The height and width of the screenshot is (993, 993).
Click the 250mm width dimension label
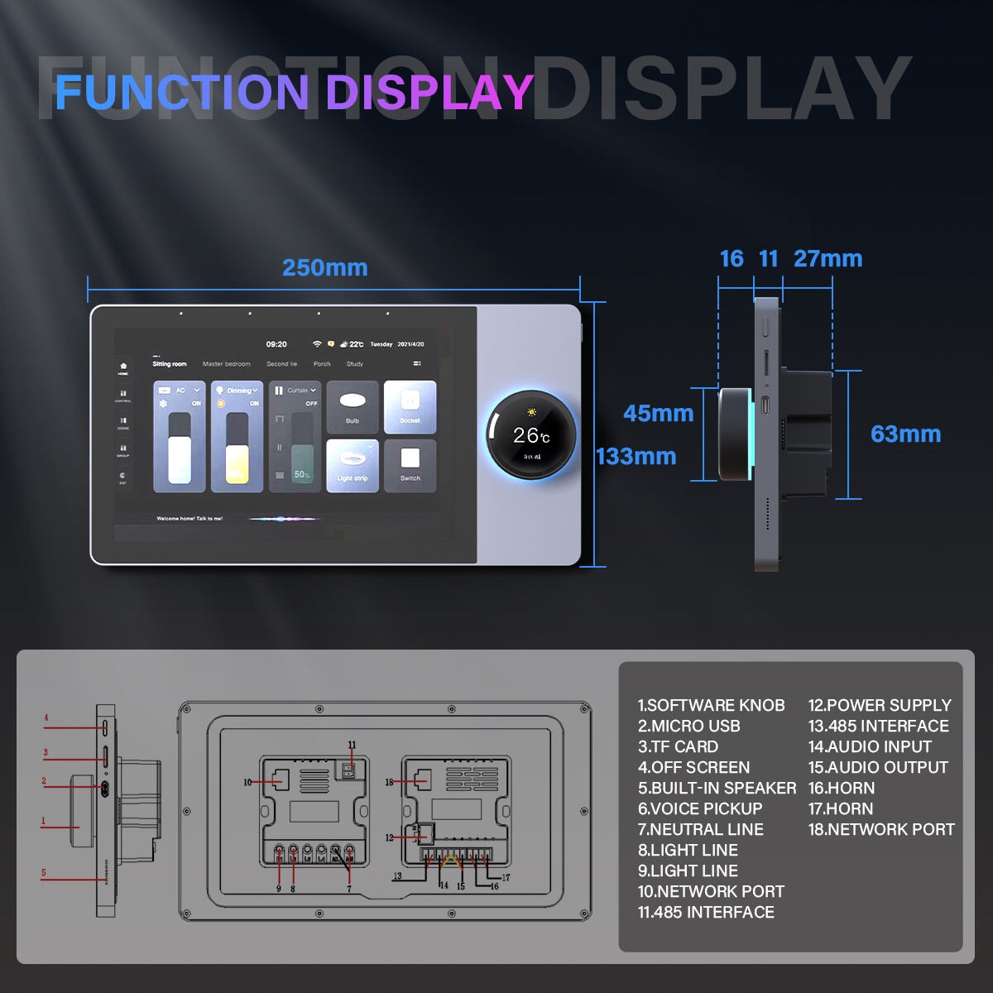[324, 268]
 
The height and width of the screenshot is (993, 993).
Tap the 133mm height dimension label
[636, 457]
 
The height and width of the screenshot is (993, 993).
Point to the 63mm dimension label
[905, 434]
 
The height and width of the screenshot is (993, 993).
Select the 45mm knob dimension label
[658, 413]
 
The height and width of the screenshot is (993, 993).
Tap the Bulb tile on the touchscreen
[353, 407]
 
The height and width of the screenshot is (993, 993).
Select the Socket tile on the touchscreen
[410, 407]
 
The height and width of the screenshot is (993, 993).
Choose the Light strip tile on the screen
[353, 465]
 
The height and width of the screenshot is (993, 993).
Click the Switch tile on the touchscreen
[410, 465]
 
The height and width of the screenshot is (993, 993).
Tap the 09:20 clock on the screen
[276, 344]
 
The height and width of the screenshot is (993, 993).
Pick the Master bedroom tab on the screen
[226, 364]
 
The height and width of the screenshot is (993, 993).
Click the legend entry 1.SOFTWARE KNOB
[711, 705]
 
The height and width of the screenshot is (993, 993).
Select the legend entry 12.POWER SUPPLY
[880, 705]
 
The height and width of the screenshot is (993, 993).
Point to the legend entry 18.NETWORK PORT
[881, 829]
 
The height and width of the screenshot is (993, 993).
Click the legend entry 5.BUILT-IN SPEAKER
[717, 788]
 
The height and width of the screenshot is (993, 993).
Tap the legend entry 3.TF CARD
[678, 746]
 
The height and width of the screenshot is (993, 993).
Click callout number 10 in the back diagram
[247, 782]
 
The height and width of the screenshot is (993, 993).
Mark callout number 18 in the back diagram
[389, 782]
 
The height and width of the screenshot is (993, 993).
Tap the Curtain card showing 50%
[294, 437]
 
